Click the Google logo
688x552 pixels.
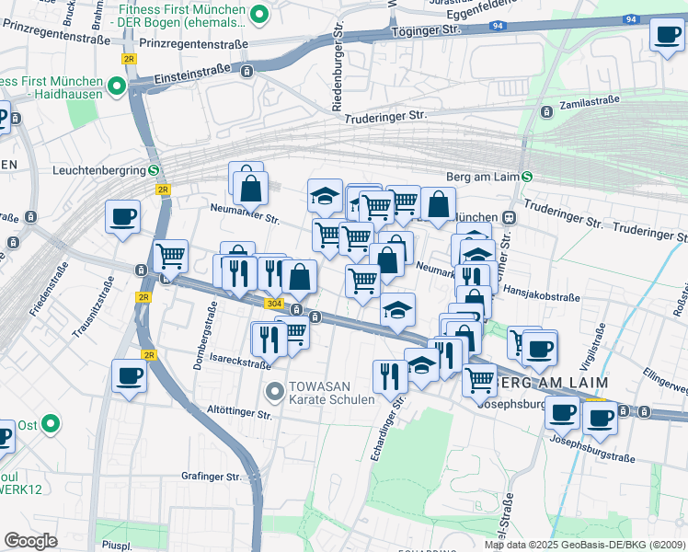[x=29, y=541]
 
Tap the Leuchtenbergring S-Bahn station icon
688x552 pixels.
[x=154, y=170]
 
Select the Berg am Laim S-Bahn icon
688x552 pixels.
[x=526, y=177]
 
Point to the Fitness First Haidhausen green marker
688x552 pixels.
[x=117, y=87]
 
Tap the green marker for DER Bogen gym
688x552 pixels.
[x=259, y=14]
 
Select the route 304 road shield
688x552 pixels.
[x=273, y=303]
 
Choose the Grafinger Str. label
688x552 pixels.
[x=211, y=477]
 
